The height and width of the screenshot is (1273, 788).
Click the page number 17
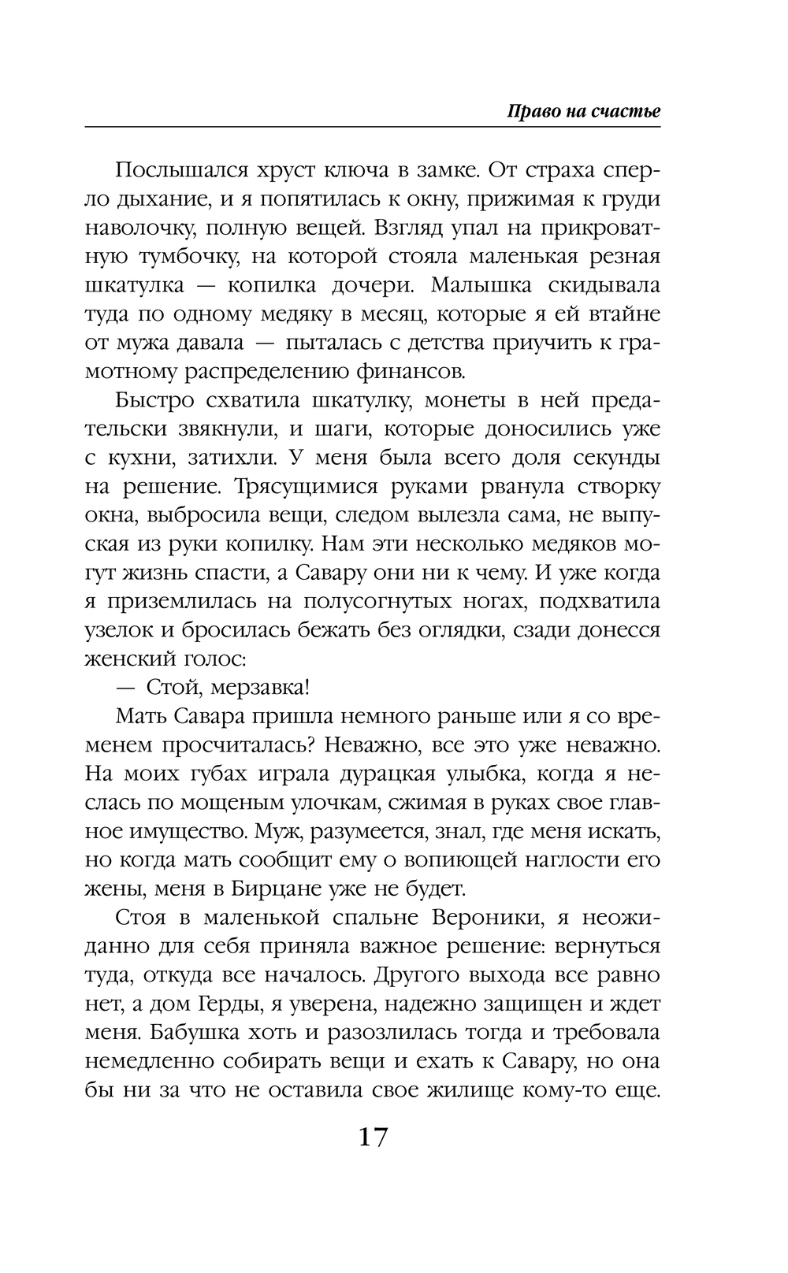[374, 1137]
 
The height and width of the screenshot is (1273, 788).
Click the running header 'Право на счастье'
[583, 111]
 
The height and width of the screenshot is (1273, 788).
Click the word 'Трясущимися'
[304, 486]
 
